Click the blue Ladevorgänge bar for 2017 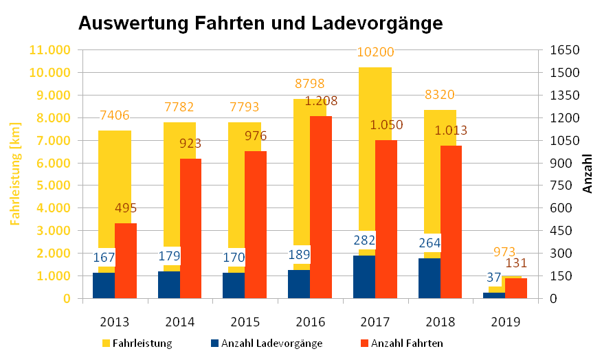pyautogui.click(x=364, y=277)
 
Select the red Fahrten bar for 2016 pyautogui.click(x=321, y=207)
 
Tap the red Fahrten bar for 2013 pyautogui.click(x=126, y=260)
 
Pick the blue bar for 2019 pyautogui.click(x=494, y=295)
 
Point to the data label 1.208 pyautogui.click(x=321, y=101)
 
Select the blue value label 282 pyautogui.click(x=364, y=240)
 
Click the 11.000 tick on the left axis pyautogui.click(x=49, y=50)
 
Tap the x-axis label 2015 pyautogui.click(x=245, y=321)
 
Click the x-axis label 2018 pyautogui.click(x=440, y=321)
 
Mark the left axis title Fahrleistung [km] pyautogui.click(x=15, y=174)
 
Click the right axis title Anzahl pyautogui.click(x=588, y=174)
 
